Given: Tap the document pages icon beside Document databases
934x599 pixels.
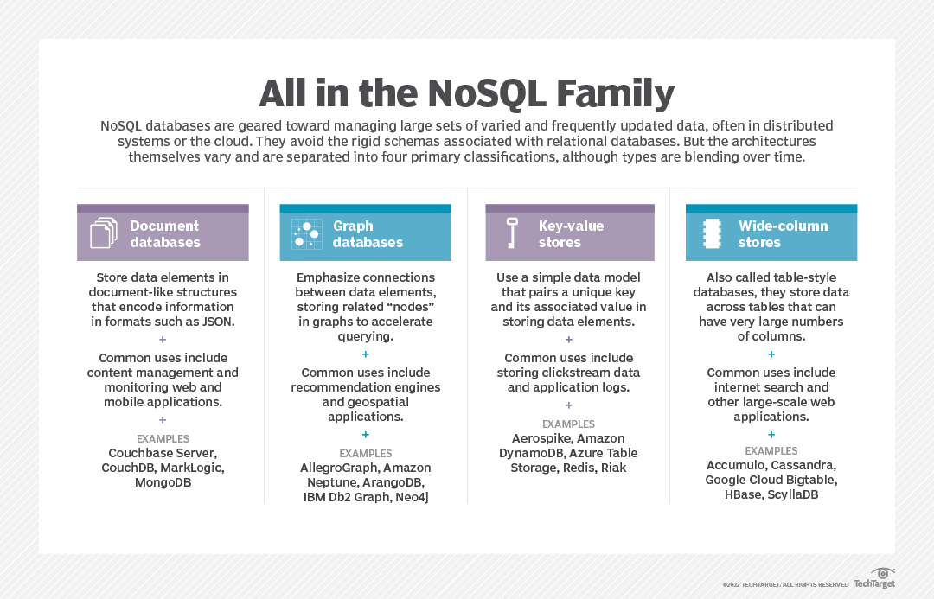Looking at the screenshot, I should click(x=103, y=233).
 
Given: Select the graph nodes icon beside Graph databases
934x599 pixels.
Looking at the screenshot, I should click(x=306, y=233).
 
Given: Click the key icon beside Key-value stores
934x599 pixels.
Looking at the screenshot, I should click(x=512, y=233).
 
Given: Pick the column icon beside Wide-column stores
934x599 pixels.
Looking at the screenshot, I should click(x=713, y=233).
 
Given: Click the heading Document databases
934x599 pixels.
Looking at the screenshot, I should click(x=164, y=234).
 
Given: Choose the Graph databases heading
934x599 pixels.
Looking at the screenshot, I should click(x=368, y=234).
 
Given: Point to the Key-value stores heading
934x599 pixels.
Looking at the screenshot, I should click(x=571, y=234).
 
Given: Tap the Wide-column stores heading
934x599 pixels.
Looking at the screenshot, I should click(x=783, y=234).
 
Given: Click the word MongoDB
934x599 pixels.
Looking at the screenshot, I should click(x=163, y=482).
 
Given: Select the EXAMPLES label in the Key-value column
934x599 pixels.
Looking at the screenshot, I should click(x=568, y=424).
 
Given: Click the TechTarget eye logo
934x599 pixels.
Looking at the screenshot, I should click(x=882, y=574).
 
